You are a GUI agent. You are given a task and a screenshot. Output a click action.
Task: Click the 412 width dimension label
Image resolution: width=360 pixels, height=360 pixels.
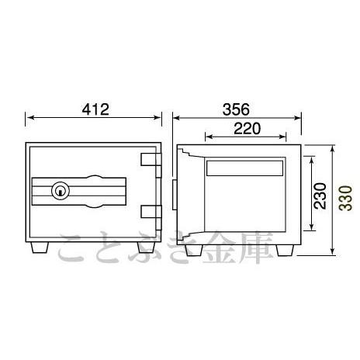(95, 109)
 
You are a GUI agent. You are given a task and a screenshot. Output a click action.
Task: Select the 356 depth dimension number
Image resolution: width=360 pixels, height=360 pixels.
(236, 109)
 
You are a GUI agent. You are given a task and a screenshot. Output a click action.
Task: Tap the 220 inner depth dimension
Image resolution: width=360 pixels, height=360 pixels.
(247, 129)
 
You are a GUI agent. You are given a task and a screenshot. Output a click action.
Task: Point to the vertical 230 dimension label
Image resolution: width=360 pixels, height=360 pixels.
(320, 196)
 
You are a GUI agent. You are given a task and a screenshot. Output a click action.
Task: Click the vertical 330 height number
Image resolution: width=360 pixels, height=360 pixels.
(346, 198)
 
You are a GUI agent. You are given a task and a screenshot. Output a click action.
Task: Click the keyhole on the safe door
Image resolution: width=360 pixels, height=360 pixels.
(61, 191)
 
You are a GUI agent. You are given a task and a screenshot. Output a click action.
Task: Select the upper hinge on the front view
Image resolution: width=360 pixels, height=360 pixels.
(151, 165)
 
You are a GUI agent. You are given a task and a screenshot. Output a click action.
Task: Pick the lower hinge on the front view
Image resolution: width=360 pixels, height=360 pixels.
(151, 217)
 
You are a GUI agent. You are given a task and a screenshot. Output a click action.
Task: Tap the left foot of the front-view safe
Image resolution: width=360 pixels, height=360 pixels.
(40, 247)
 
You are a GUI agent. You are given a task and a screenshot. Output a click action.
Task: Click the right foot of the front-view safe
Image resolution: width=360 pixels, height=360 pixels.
(147, 247)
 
